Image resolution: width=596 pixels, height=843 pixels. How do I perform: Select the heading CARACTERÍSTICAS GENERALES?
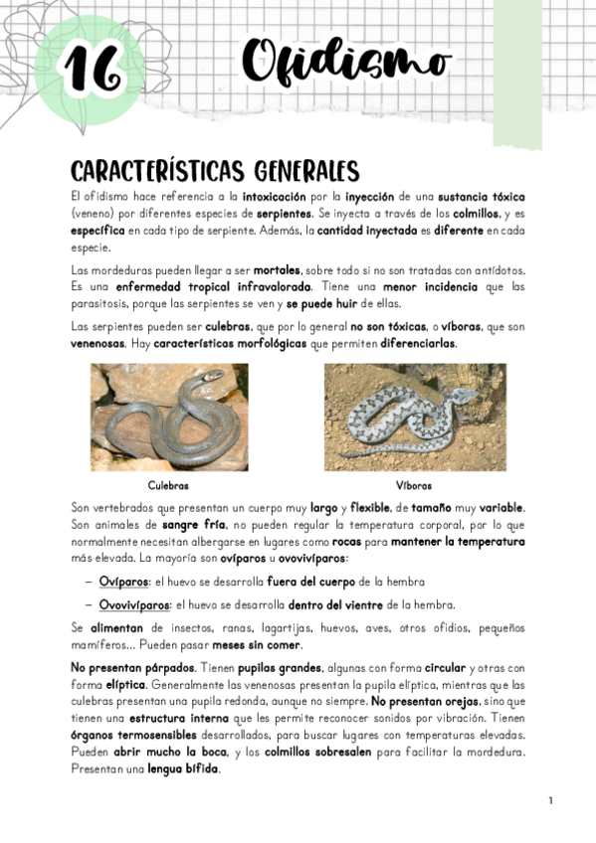click(x=214, y=170)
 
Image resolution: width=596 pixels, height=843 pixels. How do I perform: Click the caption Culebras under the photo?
click(x=168, y=486)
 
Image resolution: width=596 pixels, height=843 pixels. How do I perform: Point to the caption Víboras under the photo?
click(x=413, y=486)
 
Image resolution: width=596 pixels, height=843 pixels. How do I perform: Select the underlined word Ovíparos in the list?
click(x=122, y=582)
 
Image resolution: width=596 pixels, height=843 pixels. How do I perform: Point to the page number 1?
click(x=550, y=801)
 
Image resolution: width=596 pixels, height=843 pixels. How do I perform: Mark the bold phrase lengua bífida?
click(x=183, y=769)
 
